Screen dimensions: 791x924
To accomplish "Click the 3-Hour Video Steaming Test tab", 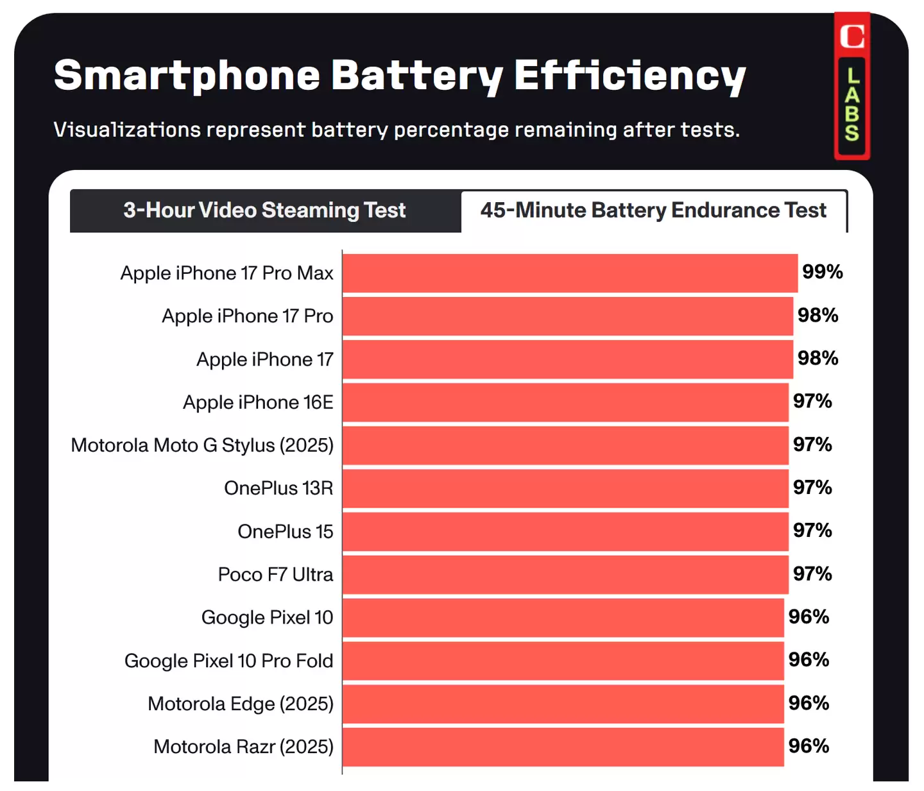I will click(264, 210).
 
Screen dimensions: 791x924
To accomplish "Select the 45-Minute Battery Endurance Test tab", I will click(653, 210).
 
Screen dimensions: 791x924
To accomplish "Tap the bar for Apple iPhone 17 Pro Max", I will click(570, 273).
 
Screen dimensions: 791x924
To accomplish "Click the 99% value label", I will click(822, 272).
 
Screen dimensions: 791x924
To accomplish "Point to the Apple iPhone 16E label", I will click(258, 402).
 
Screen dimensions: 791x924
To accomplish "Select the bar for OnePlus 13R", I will click(565, 488).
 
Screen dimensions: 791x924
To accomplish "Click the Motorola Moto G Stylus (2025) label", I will click(202, 445).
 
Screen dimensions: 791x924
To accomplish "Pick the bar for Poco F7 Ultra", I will click(565, 574).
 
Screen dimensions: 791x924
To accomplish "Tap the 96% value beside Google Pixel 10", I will click(809, 617).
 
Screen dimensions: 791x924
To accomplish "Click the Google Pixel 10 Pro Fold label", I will click(228, 661).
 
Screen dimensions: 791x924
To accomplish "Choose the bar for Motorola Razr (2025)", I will click(563, 747).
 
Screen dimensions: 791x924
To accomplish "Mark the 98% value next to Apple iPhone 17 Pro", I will click(817, 315).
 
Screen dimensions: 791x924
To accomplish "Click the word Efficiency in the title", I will click(629, 76).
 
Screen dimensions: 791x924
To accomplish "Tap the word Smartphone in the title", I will click(187, 76).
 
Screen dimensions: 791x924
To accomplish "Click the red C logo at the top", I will click(852, 36).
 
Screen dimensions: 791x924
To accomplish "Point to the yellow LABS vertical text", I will click(852, 105).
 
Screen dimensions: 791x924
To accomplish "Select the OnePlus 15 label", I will click(285, 531).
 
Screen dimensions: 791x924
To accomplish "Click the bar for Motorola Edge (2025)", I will click(563, 704).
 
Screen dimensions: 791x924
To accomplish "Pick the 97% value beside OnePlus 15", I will click(812, 531).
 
